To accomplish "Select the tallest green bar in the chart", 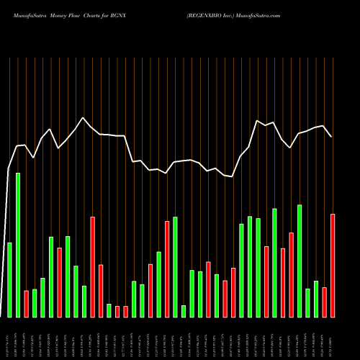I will tap(18, 245).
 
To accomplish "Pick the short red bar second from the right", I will tap(324, 302).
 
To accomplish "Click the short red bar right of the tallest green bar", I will tap(27, 303).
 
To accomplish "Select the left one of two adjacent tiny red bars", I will tap(117, 311).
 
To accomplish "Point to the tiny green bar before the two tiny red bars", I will tap(109, 310).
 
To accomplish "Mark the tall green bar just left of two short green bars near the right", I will tap(300, 261).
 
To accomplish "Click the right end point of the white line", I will tap(332, 136).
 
